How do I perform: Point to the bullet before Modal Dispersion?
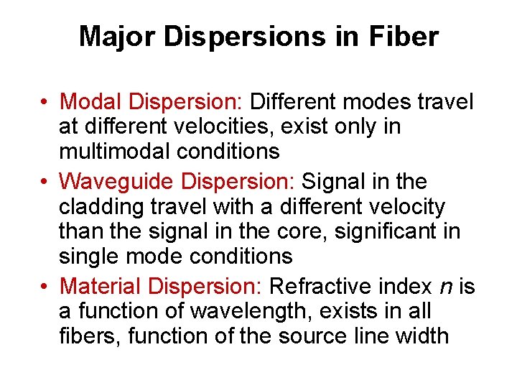45,102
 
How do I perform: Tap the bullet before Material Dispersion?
45,287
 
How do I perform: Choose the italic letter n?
445,287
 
